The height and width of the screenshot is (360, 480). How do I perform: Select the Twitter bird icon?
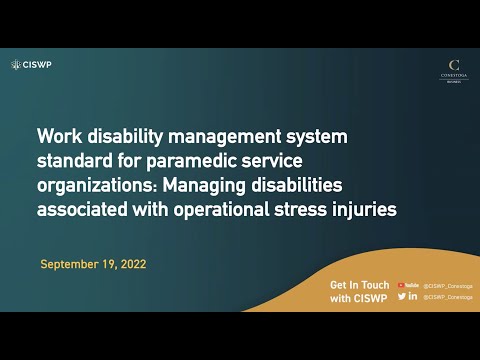(x=402, y=296)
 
